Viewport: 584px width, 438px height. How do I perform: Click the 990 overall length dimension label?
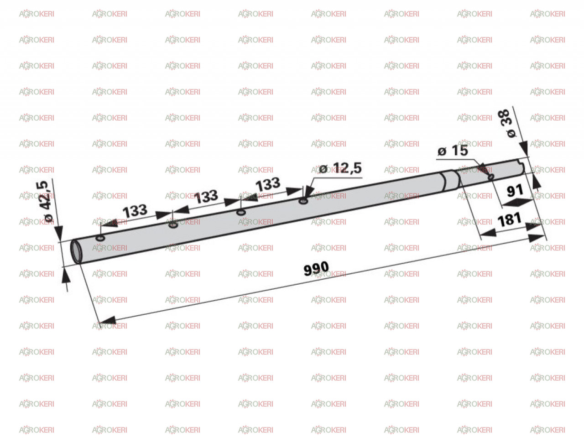click(x=316, y=268)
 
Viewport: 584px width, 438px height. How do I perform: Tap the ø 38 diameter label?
click(x=506, y=123)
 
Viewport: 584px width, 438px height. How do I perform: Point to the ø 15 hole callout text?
click(x=453, y=151)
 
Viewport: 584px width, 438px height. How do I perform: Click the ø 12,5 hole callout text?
click(x=340, y=168)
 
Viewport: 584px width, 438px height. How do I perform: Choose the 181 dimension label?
click(x=509, y=219)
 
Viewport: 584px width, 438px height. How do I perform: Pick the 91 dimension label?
click(x=515, y=191)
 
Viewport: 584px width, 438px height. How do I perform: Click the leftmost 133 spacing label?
click(x=135, y=211)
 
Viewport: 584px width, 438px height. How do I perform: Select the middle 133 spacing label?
click(x=206, y=197)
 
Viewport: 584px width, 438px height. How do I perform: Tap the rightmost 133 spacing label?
click(x=268, y=184)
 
